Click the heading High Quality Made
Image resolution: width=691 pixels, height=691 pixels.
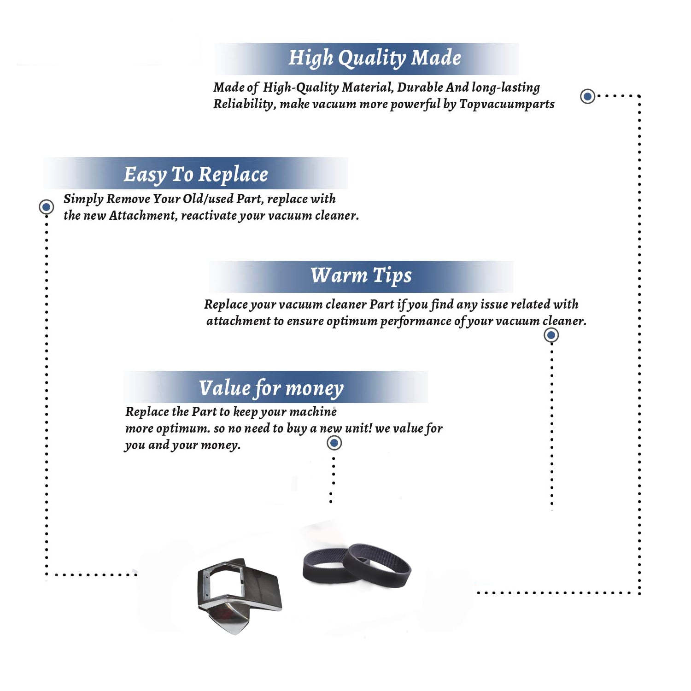click(375, 59)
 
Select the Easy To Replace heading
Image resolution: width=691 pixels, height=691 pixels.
click(196, 175)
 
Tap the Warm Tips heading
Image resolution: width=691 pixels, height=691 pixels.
click(361, 275)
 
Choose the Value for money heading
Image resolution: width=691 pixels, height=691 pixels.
click(271, 388)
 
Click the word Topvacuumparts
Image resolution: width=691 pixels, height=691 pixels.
click(507, 104)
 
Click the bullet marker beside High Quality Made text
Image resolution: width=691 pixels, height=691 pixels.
click(587, 96)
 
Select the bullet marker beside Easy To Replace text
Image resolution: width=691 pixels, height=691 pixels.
click(46, 207)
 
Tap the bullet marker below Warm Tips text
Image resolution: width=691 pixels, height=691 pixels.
click(551, 335)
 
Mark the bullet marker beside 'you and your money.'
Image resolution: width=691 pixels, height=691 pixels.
click(334, 443)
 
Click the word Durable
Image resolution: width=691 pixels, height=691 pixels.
click(420, 87)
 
